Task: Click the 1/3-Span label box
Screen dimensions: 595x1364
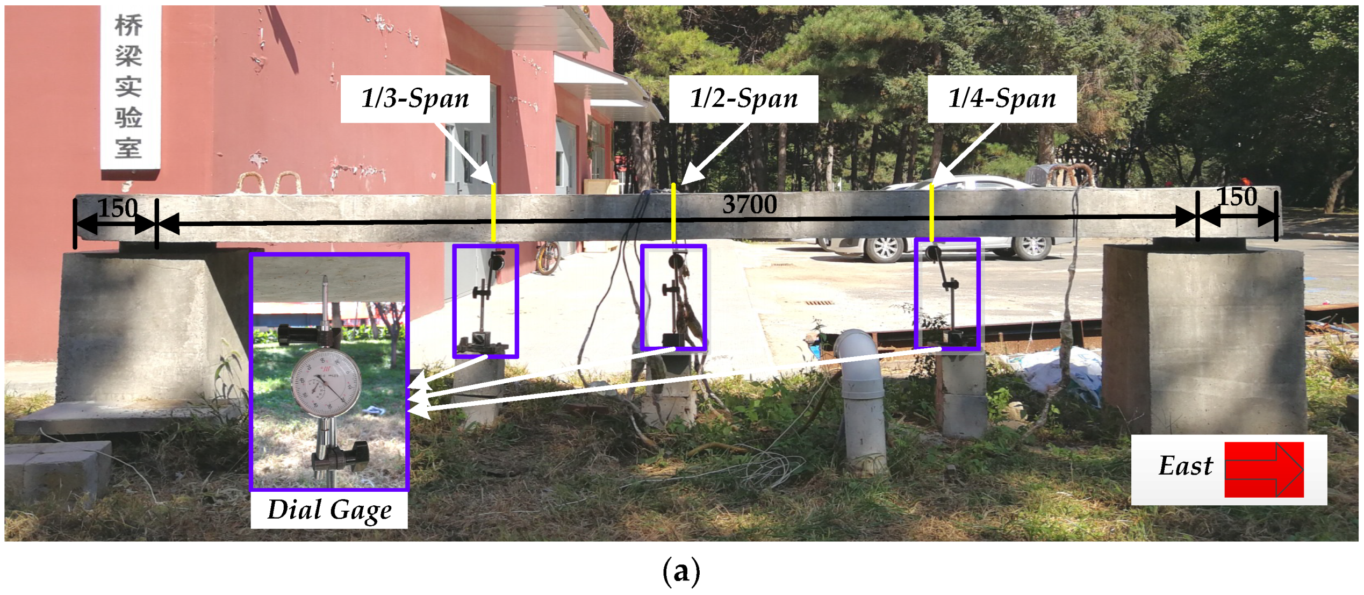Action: (415, 99)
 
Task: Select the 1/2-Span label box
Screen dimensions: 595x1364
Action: (743, 99)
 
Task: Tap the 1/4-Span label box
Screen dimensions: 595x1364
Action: (1002, 99)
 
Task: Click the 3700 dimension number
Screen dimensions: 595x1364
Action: (749, 205)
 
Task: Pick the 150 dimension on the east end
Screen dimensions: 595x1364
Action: (1237, 197)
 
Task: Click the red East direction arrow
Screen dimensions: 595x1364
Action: (1264, 469)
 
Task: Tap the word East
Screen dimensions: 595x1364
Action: (1185, 466)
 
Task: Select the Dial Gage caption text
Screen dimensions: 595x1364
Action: (329, 510)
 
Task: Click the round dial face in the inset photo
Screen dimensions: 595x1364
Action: (326, 382)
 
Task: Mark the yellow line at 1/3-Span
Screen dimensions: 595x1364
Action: (493, 213)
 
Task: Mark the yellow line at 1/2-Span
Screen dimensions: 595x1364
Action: (673, 213)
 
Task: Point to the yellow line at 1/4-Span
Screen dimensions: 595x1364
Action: (931, 212)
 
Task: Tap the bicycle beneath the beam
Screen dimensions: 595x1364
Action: (548, 257)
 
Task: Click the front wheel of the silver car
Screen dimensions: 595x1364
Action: (885, 249)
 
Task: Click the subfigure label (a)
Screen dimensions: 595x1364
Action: (681, 571)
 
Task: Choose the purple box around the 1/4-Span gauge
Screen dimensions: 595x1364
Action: (947, 295)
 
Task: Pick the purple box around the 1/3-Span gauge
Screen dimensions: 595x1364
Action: (485, 301)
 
